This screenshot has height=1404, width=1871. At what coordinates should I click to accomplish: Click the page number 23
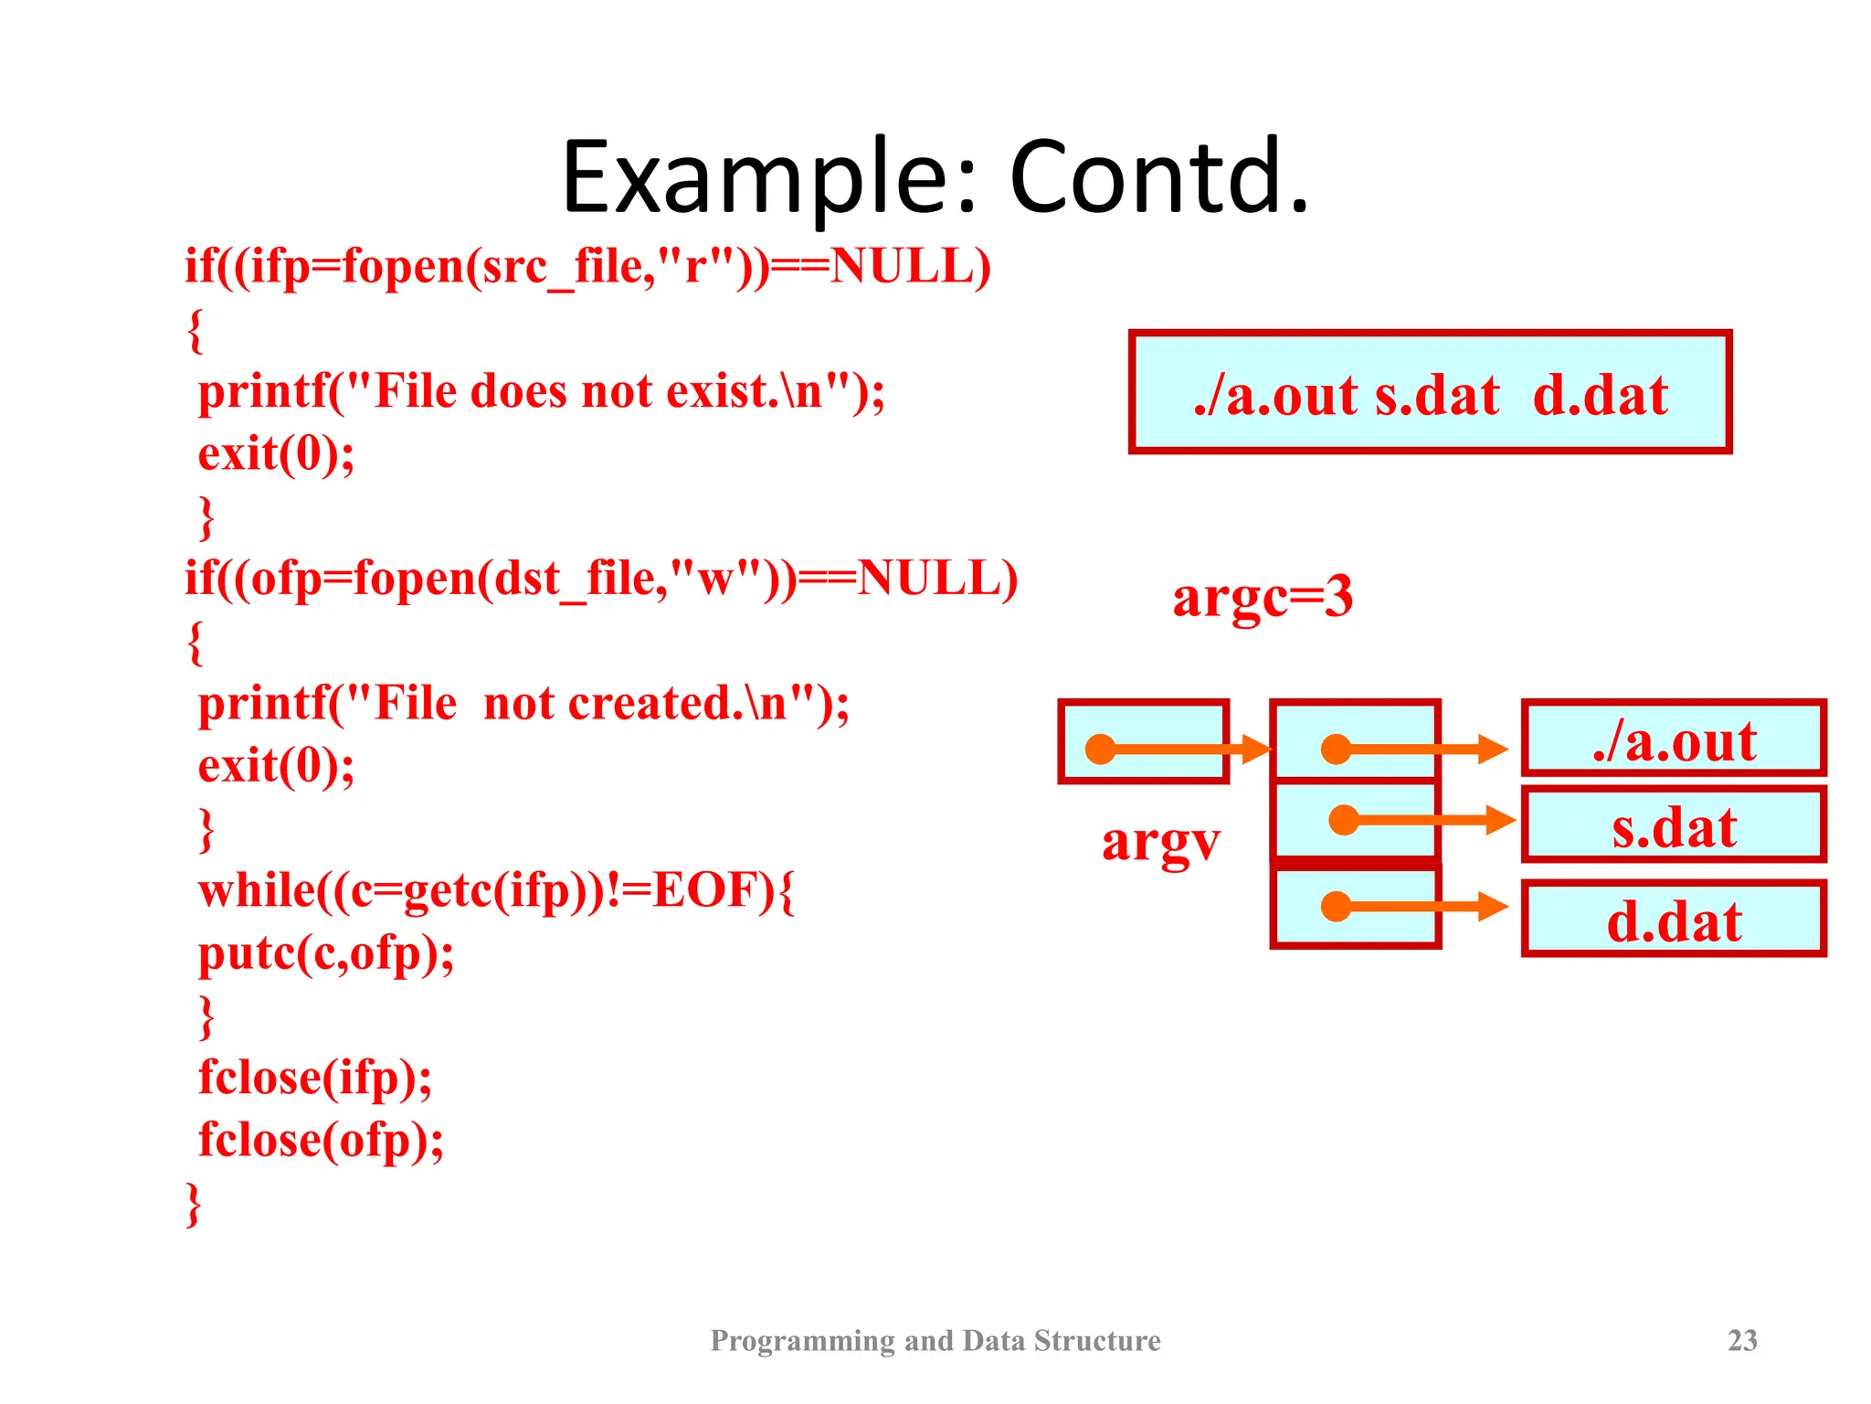pyautogui.click(x=1742, y=1340)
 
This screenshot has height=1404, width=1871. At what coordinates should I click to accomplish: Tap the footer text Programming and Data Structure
pyautogui.click(x=935, y=1340)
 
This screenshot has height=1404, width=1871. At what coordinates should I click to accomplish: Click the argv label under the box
pyautogui.click(x=1160, y=841)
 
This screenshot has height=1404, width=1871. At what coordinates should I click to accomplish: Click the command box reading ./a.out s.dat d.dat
pyautogui.click(x=1430, y=393)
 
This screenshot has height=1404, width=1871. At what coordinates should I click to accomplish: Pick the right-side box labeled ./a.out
pyautogui.click(x=1674, y=739)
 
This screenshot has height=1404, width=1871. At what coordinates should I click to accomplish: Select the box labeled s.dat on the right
pyautogui.click(x=1674, y=826)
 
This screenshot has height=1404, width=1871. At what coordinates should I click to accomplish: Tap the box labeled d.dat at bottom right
pyautogui.click(x=1674, y=920)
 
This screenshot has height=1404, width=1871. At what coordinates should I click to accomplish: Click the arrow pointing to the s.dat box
pyautogui.click(x=1434, y=820)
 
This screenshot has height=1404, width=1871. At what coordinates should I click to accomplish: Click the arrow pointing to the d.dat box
pyautogui.click(x=1425, y=907)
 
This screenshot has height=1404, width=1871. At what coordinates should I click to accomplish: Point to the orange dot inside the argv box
pyautogui.click(x=1101, y=750)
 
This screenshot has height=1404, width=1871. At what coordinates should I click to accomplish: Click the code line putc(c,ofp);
pyautogui.click(x=326, y=953)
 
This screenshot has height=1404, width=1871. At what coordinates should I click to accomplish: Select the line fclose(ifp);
pyautogui.click(x=315, y=1078)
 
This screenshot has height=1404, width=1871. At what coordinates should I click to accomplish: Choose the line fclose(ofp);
pyautogui.click(x=321, y=1140)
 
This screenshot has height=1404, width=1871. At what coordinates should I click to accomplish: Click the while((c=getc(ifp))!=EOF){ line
pyautogui.click(x=496, y=891)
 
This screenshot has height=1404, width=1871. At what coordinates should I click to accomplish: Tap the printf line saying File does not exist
pyautogui.click(x=541, y=392)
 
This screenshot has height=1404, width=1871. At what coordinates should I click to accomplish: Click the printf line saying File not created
pyautogui.click(x=523, y=705)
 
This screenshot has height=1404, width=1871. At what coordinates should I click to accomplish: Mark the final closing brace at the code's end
pyautogui.click(x=194, y=1204)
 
